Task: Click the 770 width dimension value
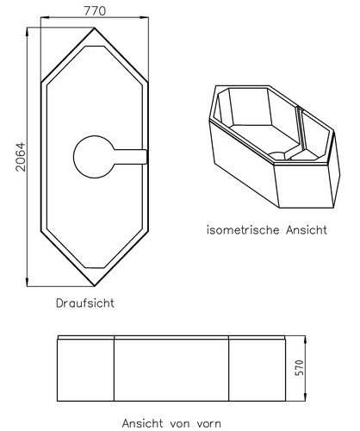pos(95,11)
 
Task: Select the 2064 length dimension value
pos(21,157)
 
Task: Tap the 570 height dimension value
pos(299,367)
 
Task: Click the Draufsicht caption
pos(85,303)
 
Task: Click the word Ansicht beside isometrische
pos(307,230)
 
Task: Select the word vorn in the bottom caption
pos(208,423)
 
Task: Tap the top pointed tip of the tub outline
pos(95,28)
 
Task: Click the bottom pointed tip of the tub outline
pos(95,286)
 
